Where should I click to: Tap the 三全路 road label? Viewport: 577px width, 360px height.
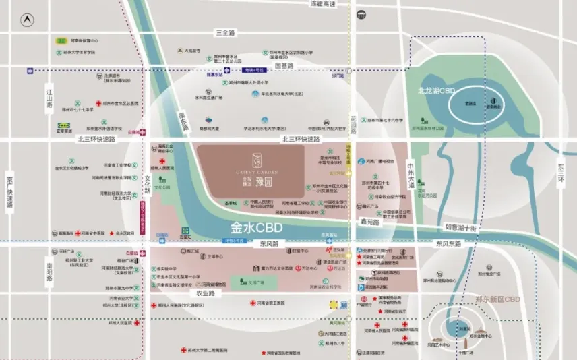[225, 32]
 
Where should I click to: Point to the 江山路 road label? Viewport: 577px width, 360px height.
[49, 96]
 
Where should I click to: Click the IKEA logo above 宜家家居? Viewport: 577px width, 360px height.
[65, 125]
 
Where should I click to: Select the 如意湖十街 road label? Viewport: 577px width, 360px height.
[461, 229]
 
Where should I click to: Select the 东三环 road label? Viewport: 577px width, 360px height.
[561, 171]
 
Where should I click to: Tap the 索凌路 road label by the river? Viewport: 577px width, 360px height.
[181, 121]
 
